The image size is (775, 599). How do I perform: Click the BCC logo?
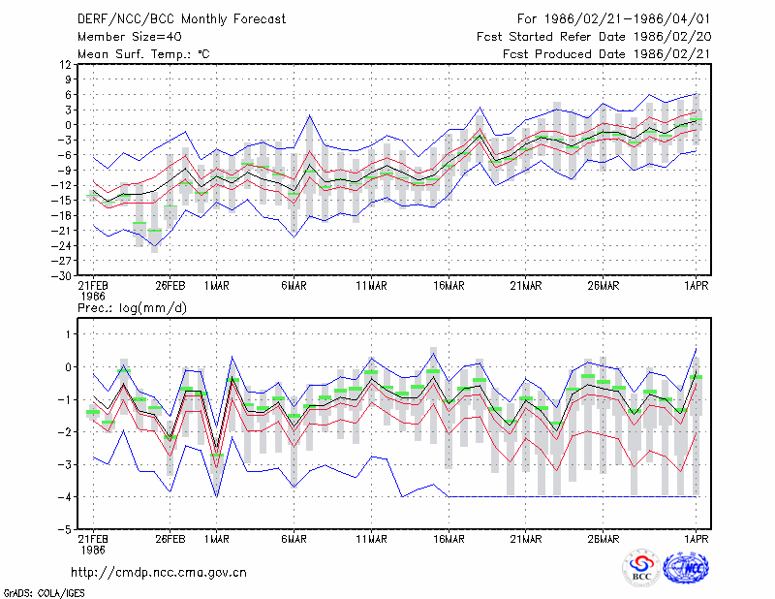point(641,568)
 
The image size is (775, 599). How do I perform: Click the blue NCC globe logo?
point(686,568)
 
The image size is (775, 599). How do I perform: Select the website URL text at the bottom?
point(159,573)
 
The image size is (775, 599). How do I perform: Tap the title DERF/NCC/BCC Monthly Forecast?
point(181,19)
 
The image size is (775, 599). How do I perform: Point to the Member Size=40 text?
point(130,37)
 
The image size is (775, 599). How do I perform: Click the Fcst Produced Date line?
point(606,54)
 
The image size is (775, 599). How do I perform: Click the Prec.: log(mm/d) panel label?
point(132,308)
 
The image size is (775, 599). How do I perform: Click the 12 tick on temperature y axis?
point(66,64)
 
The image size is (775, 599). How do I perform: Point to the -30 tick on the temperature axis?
point(61,276)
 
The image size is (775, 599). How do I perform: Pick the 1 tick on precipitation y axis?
point(68,334)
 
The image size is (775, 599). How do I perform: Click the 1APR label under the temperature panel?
point(696,286)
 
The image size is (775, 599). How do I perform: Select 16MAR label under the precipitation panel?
point(449,539)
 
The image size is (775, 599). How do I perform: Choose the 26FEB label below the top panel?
point(170,286)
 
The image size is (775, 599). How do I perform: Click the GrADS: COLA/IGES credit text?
point(44,593)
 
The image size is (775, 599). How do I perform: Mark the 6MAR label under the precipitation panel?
point(294,539)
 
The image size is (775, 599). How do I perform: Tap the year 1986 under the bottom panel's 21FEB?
point(93,550)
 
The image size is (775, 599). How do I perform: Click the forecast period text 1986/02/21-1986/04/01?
point(627,19)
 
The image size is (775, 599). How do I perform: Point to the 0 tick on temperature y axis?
point(68,125)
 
